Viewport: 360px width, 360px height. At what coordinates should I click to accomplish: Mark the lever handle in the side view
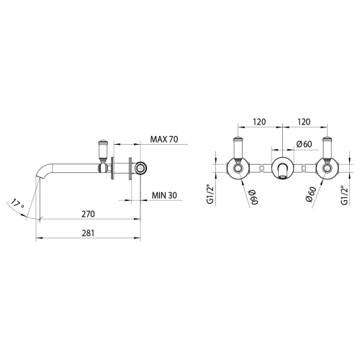coord(102,150)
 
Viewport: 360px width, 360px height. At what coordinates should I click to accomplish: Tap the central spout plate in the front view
coord(283,168)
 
